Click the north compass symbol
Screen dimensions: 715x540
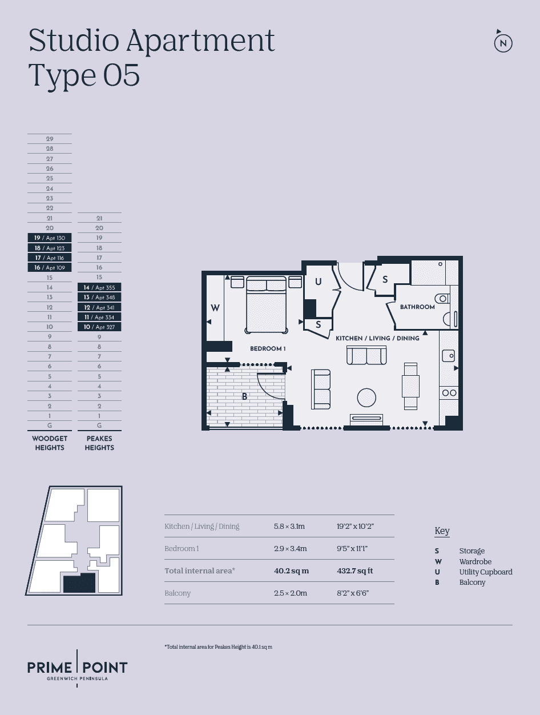pyautogui.click(x=503, y=43)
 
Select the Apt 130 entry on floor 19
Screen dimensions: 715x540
pyautogui.click(x=50, y=238)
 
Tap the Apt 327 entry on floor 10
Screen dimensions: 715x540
pyautogui.click(x=99, y=327)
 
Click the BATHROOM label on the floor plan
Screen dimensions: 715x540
pyautogui.click(x=417, y=307)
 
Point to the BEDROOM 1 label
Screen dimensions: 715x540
pyautogui.click(x=268, y=348)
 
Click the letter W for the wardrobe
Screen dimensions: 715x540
pyautogui.click(x=215, y=308)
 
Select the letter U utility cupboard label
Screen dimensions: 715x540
pyautogui.click(x=319, y=282)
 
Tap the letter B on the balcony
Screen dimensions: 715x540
pyautogui.click(x=244, y=396)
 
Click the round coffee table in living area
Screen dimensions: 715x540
pyautogui.click(x=366, y=397)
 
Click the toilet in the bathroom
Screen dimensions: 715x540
pyautogui.click(x=443, y=298)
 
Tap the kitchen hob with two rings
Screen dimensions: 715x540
pyautogui.click(x=449, y=392)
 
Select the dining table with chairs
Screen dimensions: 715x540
pyautogui.click(x=410, y=386)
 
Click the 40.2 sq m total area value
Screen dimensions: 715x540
pyautogui.click(x=291, y=571)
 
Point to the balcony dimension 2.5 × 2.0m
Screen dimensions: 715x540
pyautogui.click(x=290, y=593)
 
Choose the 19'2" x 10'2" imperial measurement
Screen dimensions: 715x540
pyautogui.click(x=355, y=526)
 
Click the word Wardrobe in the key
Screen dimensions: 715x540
pyautogui.click(x=475, y=561)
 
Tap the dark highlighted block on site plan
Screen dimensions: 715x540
pyautogui.click(x=79, y=584)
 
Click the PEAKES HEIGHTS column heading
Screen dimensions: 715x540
pyautogui.click(x=99, y=443)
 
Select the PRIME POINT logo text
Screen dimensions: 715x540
pyautogui.click(x=78, y=667)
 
